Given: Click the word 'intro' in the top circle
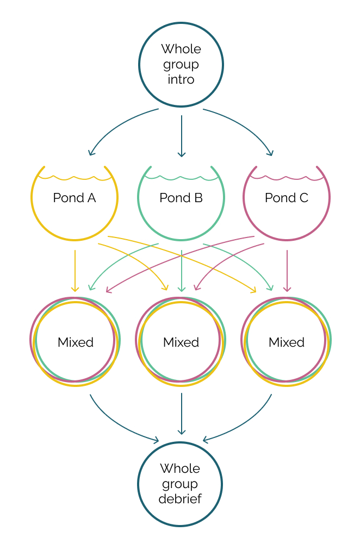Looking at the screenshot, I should point(181,79).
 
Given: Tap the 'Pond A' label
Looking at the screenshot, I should point(75,198).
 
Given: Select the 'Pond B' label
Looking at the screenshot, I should point(181,198).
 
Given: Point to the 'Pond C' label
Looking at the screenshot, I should point(287,198).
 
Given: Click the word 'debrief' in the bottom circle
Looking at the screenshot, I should point(180,499).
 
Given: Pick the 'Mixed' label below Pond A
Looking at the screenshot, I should point(76,342).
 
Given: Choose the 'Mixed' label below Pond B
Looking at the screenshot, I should point(181,342).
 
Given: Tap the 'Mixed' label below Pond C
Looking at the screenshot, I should point(287,342).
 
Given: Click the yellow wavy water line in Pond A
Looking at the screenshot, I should point(75,177).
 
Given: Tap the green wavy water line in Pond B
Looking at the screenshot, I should point(181,177).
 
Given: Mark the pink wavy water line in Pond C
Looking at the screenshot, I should point(287,177).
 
